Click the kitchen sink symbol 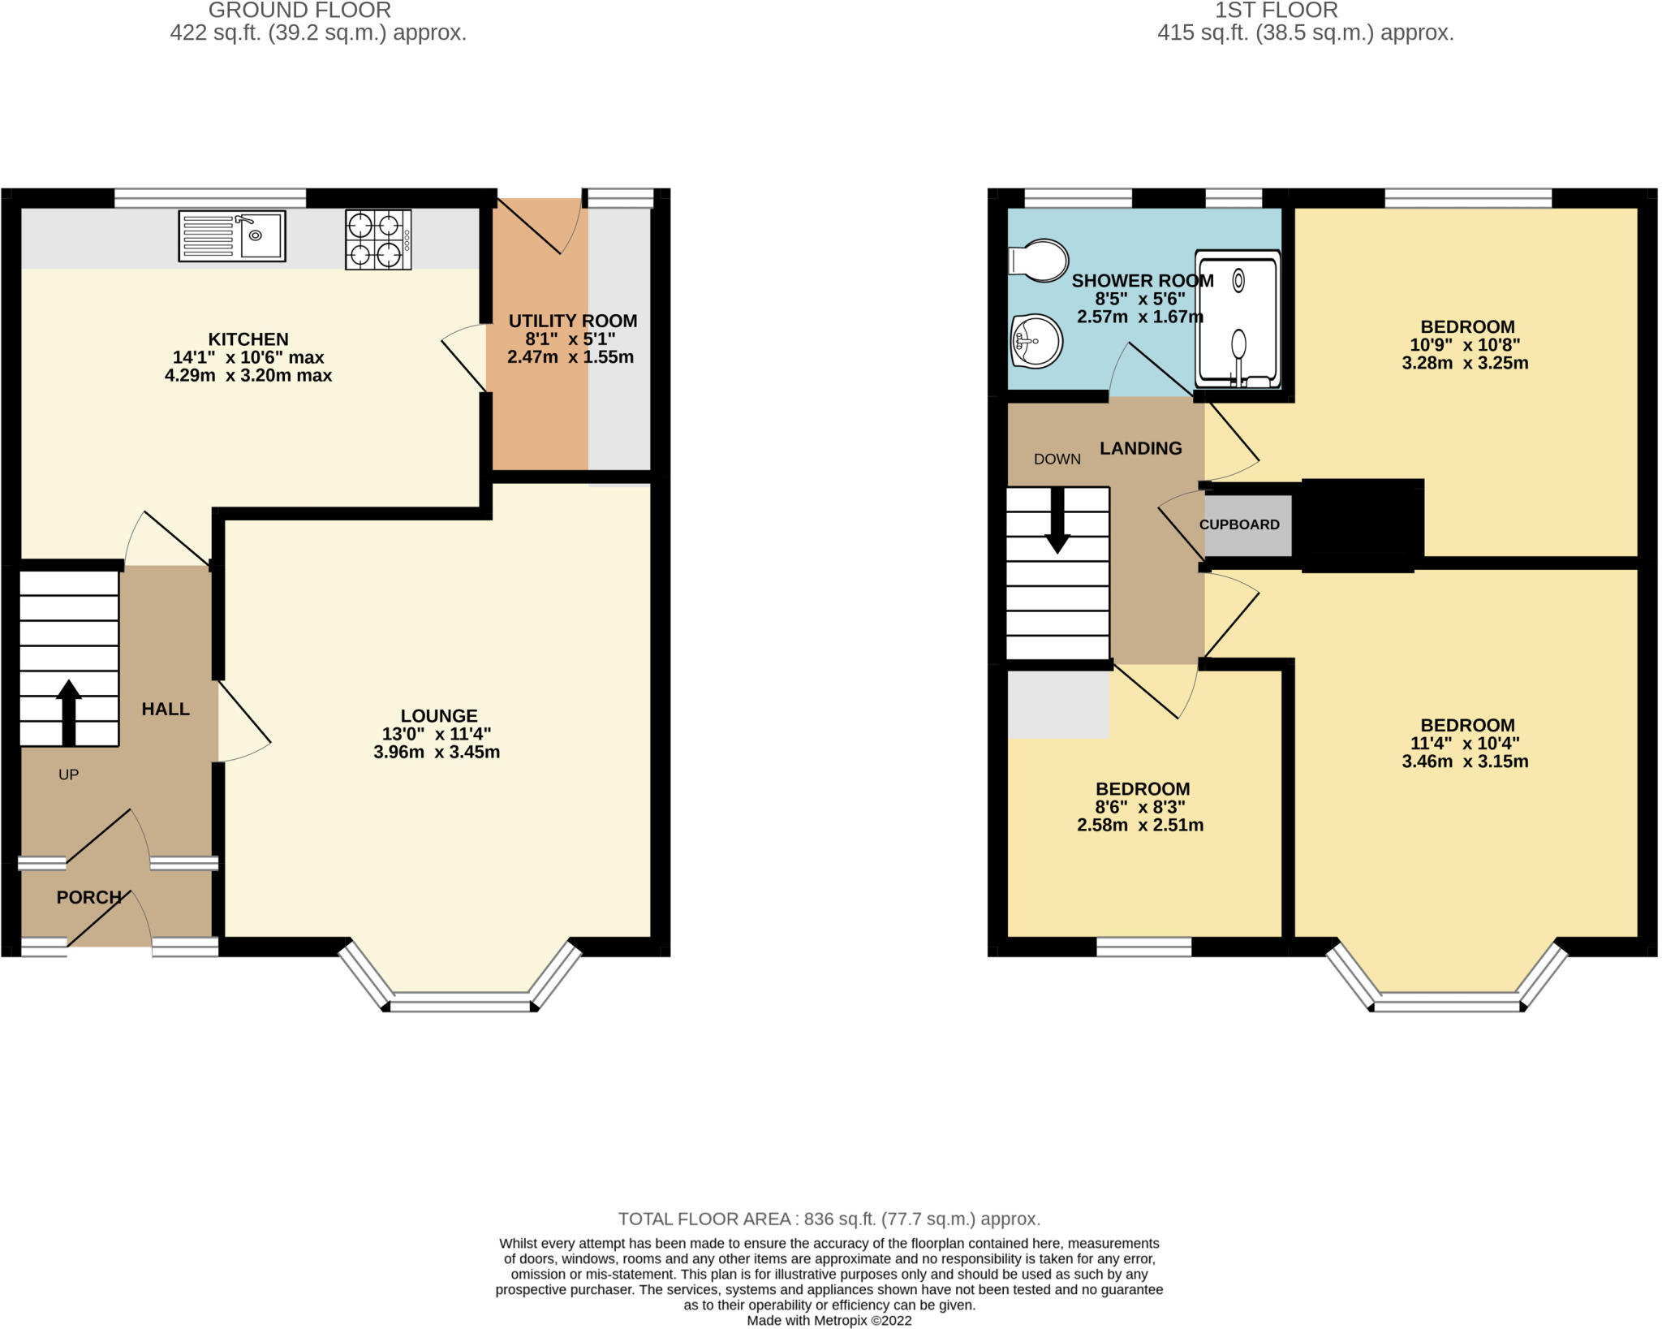232,236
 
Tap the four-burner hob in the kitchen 378,239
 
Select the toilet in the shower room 1038,261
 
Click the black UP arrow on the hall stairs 69,712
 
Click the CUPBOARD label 1239,524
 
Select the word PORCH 88,897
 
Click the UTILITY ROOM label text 572,321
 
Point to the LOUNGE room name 439,715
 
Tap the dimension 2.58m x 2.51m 1140,825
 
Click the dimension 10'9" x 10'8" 1465,344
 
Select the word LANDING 1140,448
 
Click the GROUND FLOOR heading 299,11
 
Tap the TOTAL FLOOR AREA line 829,1219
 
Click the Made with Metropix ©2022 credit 829,1321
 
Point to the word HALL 166,709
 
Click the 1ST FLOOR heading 1276,11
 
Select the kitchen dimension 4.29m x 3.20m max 248,375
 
